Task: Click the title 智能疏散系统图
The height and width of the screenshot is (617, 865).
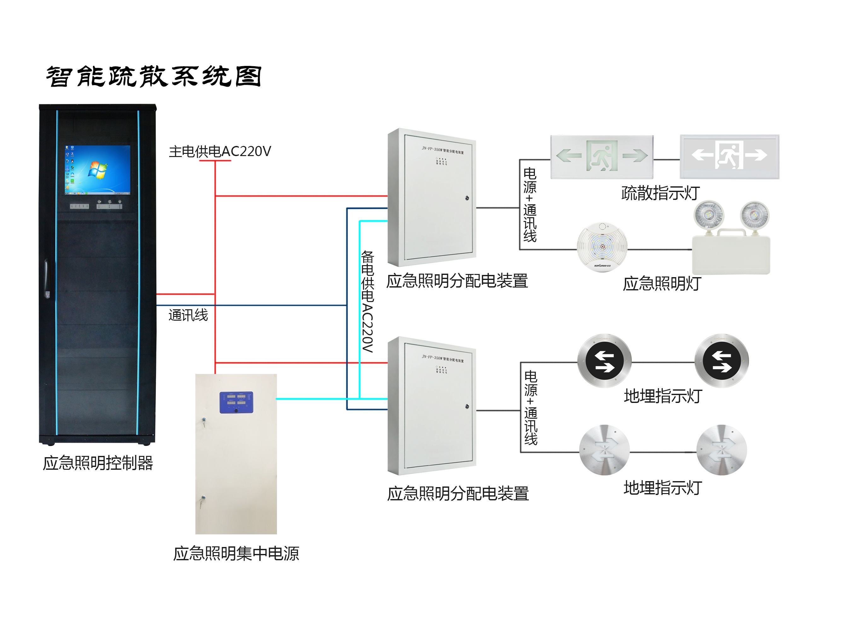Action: click(154, 77)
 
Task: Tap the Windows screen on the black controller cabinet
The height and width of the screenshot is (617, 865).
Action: click(98, 170)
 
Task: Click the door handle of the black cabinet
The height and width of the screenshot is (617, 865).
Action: click(47, 278)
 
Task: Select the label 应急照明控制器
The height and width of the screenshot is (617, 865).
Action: click(98, 463)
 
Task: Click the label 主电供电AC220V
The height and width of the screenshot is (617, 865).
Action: click(220, 151)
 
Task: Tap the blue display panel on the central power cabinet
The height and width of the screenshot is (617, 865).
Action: click(236, 402)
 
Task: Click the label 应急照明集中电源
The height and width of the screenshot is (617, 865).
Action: click(236, 554)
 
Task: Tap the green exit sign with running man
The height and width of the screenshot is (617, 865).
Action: click(602, 156)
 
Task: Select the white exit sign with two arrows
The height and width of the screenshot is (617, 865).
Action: click(729, 156)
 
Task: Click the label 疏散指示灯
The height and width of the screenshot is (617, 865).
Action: click(660, 193)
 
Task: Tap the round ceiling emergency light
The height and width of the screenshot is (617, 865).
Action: click(602, 247)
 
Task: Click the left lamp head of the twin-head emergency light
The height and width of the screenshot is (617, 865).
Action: click(709, 215)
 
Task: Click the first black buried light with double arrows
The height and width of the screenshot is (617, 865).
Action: click(604, 361)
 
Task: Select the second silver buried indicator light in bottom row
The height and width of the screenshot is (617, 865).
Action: click(722, 450)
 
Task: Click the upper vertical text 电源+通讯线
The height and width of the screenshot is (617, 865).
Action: click(530, 205)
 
